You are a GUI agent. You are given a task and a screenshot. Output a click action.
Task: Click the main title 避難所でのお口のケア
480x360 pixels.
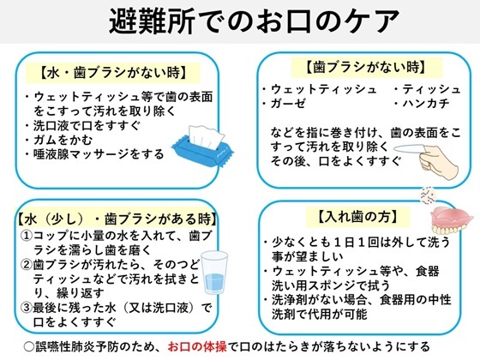tap(254, 21)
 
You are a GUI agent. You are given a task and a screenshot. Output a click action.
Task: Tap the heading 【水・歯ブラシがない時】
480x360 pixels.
tap(113, 73)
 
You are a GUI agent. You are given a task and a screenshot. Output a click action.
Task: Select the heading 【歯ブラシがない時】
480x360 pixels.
tap(366, 67)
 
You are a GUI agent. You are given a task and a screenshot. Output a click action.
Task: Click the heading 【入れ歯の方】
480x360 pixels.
tap(358, 217)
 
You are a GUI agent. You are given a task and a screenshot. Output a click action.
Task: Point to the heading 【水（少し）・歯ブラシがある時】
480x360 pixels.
tap(117, 219)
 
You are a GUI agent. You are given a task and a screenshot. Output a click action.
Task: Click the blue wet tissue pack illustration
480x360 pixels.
tap(202, 146)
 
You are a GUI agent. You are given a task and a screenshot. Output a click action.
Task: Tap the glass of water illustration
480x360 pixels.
tap(214, 273)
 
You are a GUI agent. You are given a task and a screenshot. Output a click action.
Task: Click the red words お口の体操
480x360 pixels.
tap(197, 346)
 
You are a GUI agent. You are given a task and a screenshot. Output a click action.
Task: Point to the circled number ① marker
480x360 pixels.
tap(27, 236)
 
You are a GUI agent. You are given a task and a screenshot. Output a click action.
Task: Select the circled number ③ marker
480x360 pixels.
tap(27, 308)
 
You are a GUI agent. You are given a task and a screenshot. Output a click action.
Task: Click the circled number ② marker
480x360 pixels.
tap(27, 264)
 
